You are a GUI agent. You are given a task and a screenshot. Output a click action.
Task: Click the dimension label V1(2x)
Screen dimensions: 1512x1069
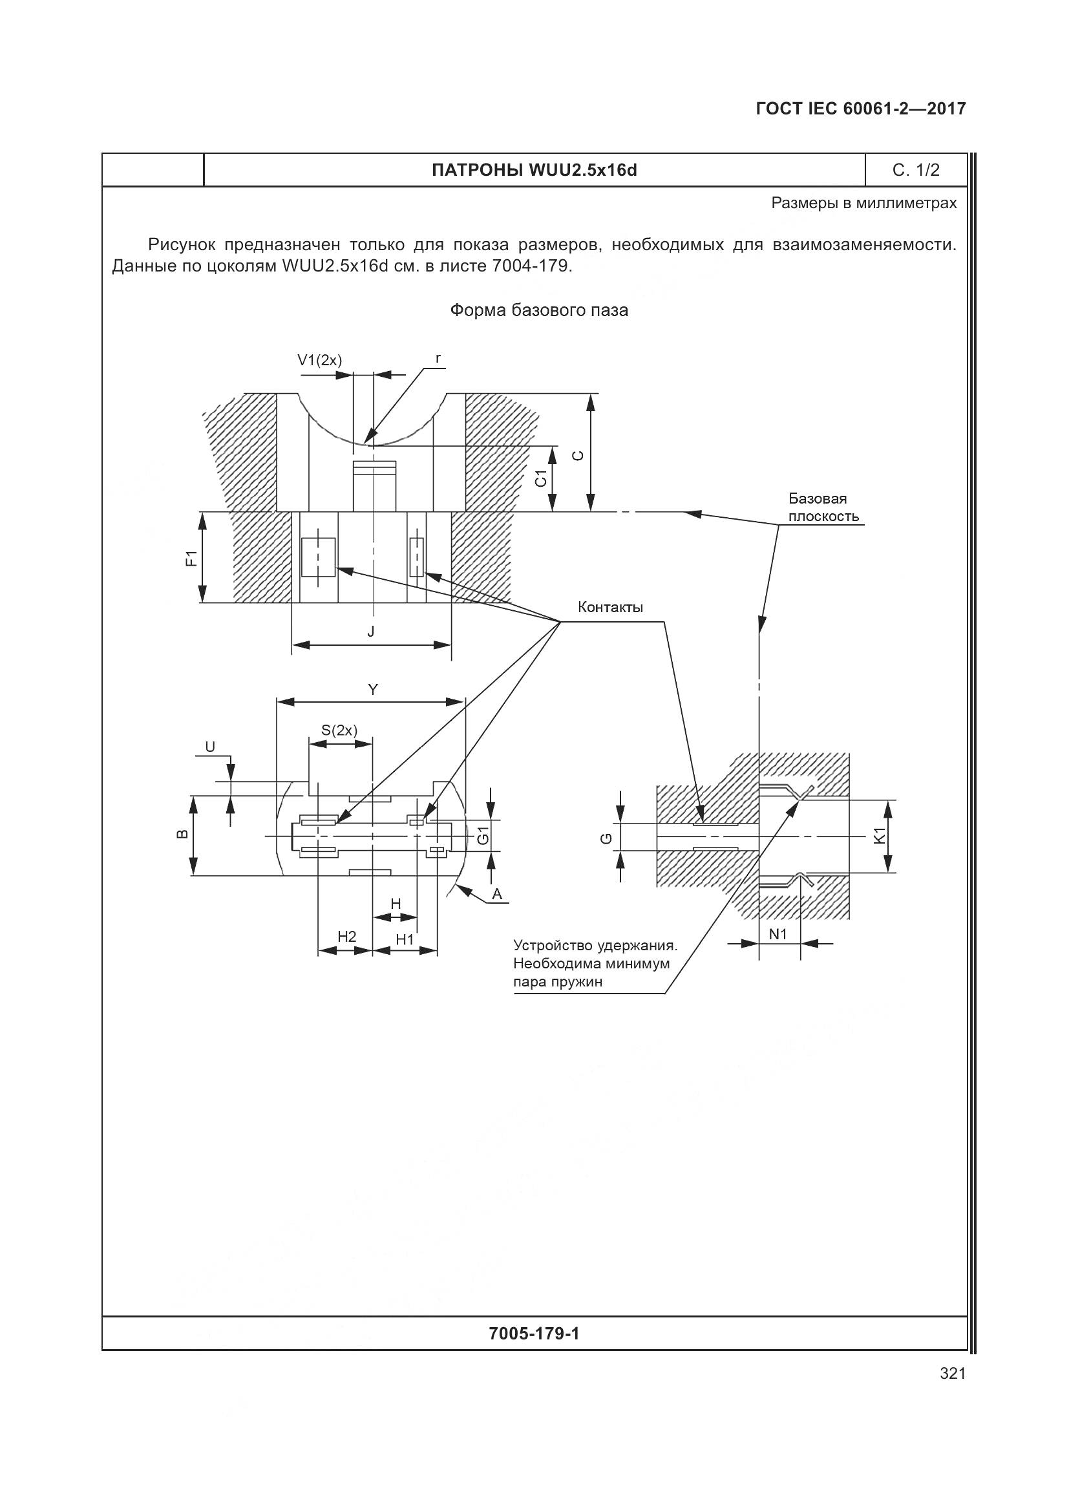point(319,360)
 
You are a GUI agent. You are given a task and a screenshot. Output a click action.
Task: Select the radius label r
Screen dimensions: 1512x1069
point(438,358)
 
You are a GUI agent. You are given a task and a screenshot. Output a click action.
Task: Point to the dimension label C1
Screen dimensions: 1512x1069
point(541,479)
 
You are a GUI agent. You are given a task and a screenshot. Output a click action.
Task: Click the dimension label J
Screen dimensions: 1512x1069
point(370,632)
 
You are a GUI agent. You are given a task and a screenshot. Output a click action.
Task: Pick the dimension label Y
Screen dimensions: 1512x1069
point(372,690)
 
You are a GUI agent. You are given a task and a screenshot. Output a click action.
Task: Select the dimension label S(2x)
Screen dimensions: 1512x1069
point(339,730)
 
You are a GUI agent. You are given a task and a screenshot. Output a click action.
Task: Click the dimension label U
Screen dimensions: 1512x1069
point(210,746)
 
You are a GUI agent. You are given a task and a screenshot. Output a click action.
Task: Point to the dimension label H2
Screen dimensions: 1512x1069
point(347,937)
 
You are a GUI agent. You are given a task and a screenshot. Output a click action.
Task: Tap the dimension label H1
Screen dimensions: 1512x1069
point(405,939)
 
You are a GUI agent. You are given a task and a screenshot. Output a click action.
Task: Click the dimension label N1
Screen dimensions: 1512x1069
point(778,934)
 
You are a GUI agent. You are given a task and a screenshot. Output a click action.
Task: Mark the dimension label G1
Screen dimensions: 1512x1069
point(483,836)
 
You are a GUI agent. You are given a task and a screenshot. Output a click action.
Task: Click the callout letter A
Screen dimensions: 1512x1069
point(498,893)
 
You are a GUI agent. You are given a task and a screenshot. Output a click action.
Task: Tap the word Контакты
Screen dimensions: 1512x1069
point(610,607)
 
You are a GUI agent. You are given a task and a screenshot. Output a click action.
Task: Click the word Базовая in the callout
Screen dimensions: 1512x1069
point(818,498)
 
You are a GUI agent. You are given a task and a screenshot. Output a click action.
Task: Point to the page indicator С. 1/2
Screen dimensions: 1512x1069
point(916,170)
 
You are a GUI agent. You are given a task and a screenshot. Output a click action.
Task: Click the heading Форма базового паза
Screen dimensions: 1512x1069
point(538,310)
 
